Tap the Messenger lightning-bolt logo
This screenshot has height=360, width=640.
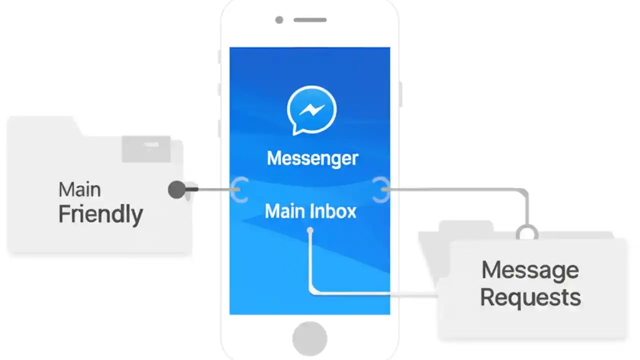coord(311,110)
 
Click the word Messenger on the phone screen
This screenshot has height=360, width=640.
coord(312,158)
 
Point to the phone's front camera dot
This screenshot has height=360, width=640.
coord(279,20)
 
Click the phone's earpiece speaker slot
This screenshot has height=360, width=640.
coord(310,20)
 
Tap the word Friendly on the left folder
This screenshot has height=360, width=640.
coord(100,214)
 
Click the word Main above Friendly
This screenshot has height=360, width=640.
coord(79,190)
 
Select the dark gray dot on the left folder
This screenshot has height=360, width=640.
coord(176,189)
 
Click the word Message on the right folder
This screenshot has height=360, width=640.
coord(530,270)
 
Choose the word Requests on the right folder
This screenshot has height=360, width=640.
coord(530,297)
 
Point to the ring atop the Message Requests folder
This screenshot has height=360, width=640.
coord(527,232)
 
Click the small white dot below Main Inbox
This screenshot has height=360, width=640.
coord(310,230)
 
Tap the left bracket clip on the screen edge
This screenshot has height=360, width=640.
coord(240,189)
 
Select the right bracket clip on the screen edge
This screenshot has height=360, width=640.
coord(381,189)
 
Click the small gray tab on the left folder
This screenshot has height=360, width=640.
coord(146,148)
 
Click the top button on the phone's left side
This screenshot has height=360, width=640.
coord(219,56)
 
